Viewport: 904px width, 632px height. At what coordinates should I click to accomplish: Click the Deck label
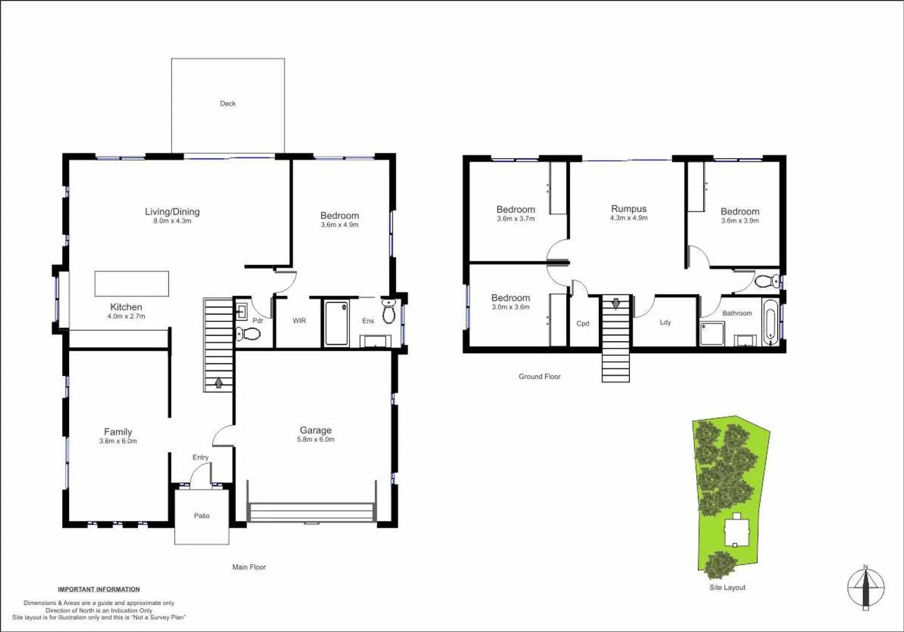click(x=228, y=104)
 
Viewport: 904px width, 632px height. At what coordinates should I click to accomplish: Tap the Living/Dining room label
click(x=172, y=212)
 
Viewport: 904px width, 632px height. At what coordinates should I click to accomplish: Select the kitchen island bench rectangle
click(x=132, y=283)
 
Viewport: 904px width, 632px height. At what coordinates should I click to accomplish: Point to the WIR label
click(x=299, y=321)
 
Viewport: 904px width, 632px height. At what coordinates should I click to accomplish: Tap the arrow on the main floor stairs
click(x=218, y=383)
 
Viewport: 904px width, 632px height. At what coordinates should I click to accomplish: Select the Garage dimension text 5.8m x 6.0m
click(x=316, y=439)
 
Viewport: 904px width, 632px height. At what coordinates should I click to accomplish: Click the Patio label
click(x=201, y=516)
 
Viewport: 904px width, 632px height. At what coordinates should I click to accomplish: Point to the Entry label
click(x=200, y=457)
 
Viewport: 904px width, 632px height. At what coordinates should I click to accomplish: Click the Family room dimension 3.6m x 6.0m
click(x=118, y=441)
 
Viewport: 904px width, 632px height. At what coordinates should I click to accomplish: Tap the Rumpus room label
click(x=629, y=209)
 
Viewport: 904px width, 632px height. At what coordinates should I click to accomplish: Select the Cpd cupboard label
click(x=583, y=324)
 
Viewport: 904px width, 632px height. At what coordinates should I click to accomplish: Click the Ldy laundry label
click(x=665, y=322)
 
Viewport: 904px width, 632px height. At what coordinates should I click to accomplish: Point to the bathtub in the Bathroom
click(x=770, y=321)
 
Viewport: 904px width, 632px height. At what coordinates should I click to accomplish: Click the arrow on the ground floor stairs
click(x=615, y=304)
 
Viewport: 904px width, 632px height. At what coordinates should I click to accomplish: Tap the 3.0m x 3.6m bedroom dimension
click(x=511, y=307)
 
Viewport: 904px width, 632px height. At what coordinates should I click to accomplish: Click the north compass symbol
click(x=865, y=588)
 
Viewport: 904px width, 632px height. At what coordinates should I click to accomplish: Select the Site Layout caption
click(x=727, y=588)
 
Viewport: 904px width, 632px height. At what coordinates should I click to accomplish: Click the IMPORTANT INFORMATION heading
click(x=98, y=589)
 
